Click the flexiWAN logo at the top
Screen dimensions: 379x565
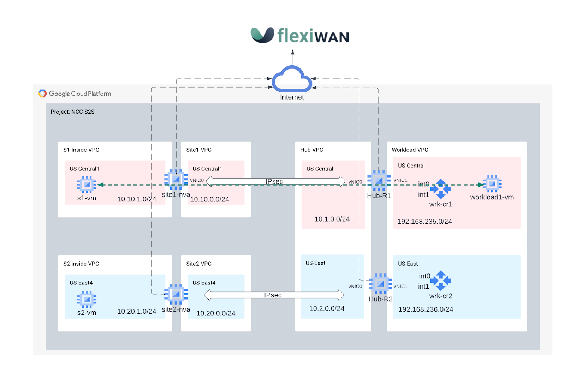click(299, 35)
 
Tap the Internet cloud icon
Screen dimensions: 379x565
click(292, 79)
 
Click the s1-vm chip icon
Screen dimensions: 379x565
click(87, 185)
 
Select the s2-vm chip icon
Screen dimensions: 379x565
click(87, 299)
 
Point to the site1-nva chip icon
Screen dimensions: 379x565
click(176, 179)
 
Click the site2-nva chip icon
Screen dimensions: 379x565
click(176, 294)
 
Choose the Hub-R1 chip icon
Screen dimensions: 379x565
click(379, 181)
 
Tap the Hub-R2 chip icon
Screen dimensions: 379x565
click(380, 284)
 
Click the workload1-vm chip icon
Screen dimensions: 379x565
click(492, 184)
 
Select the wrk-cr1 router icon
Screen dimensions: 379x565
click(441, 189)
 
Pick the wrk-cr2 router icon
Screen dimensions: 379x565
click(441, 281)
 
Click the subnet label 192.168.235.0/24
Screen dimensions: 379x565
click(424, 222)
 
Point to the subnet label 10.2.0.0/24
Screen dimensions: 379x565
click(327, 309)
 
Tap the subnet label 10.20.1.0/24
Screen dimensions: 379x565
click(137, 312)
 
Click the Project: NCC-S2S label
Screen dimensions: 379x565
click(72, 112)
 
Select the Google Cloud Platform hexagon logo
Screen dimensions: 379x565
click(42, 94)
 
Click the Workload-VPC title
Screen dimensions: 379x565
click(410, 150)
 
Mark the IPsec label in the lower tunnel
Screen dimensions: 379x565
click(273, 295)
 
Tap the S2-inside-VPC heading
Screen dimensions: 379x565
click(81, 264)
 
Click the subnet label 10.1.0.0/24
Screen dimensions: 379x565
click(332, 219)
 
